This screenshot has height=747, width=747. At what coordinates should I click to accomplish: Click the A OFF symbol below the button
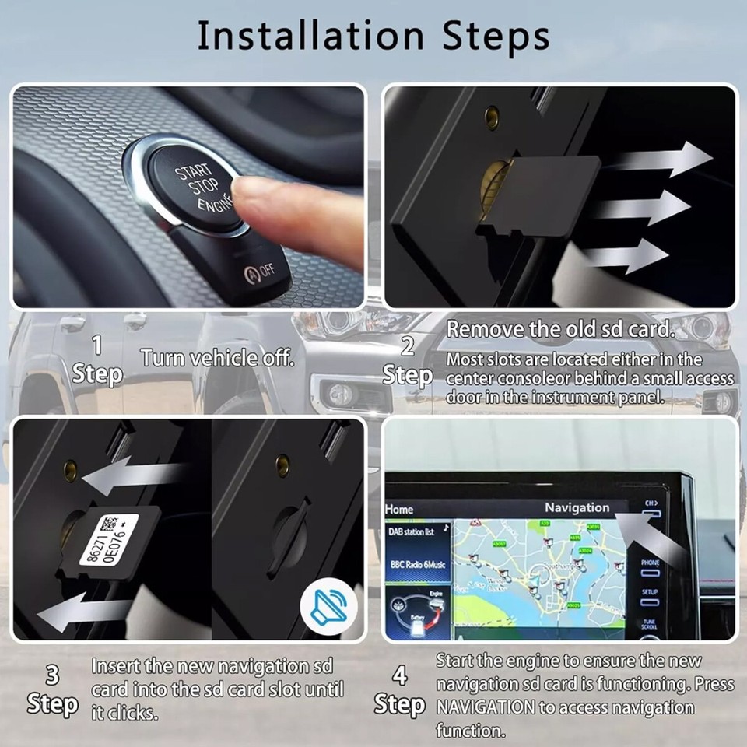pos(260,272)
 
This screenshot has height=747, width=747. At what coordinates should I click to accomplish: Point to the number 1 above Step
pos(96,345)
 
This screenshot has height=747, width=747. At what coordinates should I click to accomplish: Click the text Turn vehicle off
pos(217,358)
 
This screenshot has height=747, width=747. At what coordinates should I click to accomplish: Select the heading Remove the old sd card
pos(559,329)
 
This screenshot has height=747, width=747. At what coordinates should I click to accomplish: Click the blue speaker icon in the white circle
pos(329,607)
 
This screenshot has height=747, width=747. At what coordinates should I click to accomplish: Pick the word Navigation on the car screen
pos(577,507)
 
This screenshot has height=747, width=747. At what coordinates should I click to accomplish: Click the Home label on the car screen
pos(399,509)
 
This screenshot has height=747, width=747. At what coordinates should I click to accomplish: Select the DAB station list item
pos(412,532)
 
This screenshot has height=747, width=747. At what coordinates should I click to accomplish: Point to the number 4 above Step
pos(399,675)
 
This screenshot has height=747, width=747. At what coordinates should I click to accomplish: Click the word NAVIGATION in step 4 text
pos(485,707)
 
